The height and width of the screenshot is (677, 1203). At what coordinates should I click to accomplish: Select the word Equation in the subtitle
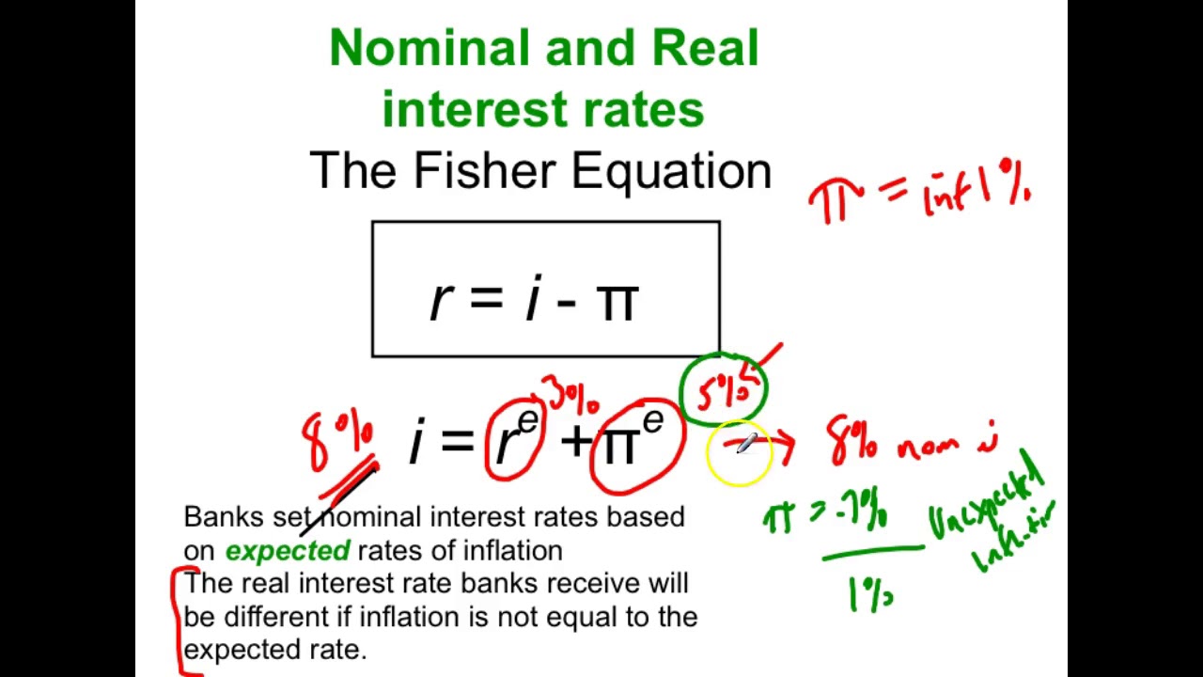coord(671,171)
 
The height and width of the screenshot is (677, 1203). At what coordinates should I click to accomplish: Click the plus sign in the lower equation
coord(574,440)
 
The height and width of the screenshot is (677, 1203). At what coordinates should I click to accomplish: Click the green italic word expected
coord(288,550)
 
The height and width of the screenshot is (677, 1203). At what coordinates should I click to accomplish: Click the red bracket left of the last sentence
coord(179,621)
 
